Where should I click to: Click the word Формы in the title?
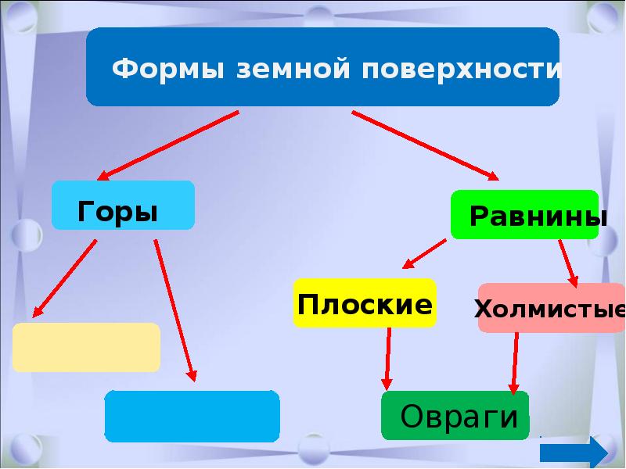click(x=167, y=69)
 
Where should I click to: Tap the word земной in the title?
click(x=293, y=69)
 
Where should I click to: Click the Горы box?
click(x=123, y=206)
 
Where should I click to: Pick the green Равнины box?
click(x=524, y=214)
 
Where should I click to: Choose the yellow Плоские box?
click(x=365, y=303)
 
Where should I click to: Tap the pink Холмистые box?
click(x=552, y=308)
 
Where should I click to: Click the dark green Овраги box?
click(x=455, y=416)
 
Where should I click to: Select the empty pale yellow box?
click(x=86, y=347)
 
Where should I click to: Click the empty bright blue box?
click(x=192, y=416)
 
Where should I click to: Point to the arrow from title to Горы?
click(x=168, y=145)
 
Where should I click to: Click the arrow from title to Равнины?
click(x=425, y=145)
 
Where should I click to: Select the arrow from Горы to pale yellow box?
click(x=65, y=278)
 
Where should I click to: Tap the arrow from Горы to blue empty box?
click(x=175, y=310)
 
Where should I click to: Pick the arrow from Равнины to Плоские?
click(x=424, y=253)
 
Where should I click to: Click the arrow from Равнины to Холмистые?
click(x=568, y=263)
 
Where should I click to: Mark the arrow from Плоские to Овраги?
click(x=387, y=359)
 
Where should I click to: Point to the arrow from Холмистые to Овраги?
click(x=515, y=363)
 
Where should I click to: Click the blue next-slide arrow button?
click(x=574, y=453)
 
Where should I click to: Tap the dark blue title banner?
click(x=322, y=66)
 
